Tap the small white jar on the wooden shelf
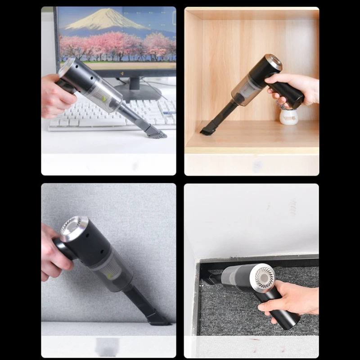[x=288, y=116]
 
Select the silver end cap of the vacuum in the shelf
[x=273, y=62]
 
